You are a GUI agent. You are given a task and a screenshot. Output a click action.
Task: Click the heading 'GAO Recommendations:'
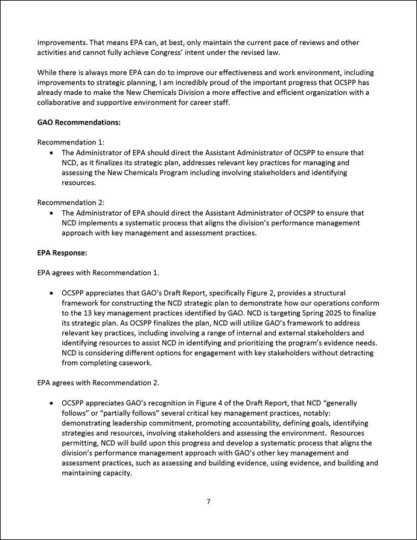coord(79,122)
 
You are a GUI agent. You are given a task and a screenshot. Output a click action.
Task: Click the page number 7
coord(208,501)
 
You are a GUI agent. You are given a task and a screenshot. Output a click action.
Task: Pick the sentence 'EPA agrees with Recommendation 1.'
coord(98,272)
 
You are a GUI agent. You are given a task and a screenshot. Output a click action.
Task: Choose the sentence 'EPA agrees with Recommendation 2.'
coord(98,382)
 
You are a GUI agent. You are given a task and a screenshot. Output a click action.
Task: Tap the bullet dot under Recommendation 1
coord(54,153)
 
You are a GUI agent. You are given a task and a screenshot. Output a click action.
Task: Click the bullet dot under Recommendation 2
coord(54,213)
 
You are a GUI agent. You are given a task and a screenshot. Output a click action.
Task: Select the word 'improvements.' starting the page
coord(62,43)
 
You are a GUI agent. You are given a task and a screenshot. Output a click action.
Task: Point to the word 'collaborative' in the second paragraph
coord(61,103)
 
